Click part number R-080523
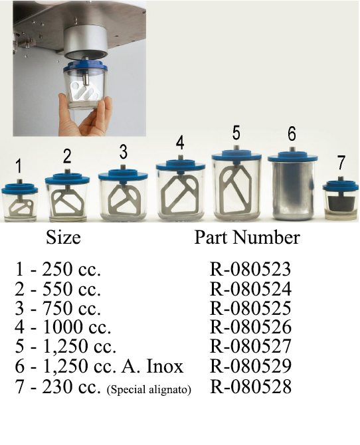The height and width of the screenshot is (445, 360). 250,269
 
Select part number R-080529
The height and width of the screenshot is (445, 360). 250,366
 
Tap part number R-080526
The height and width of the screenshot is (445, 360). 250,327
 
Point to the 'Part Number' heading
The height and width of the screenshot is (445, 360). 247,237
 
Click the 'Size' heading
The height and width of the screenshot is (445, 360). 63,237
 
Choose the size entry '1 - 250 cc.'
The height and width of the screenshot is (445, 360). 58,269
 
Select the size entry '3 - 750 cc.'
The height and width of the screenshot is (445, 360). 58,308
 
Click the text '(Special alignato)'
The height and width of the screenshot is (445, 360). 149,389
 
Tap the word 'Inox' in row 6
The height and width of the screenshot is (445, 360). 164,366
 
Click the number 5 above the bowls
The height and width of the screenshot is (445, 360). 236,133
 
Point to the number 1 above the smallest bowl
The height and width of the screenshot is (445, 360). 19,166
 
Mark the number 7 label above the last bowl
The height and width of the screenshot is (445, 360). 341,162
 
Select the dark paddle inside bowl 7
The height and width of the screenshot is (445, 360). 341,201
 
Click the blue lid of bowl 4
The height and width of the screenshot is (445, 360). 180,166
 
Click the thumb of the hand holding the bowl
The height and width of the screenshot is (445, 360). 63,106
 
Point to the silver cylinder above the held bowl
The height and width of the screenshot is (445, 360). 85,43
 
